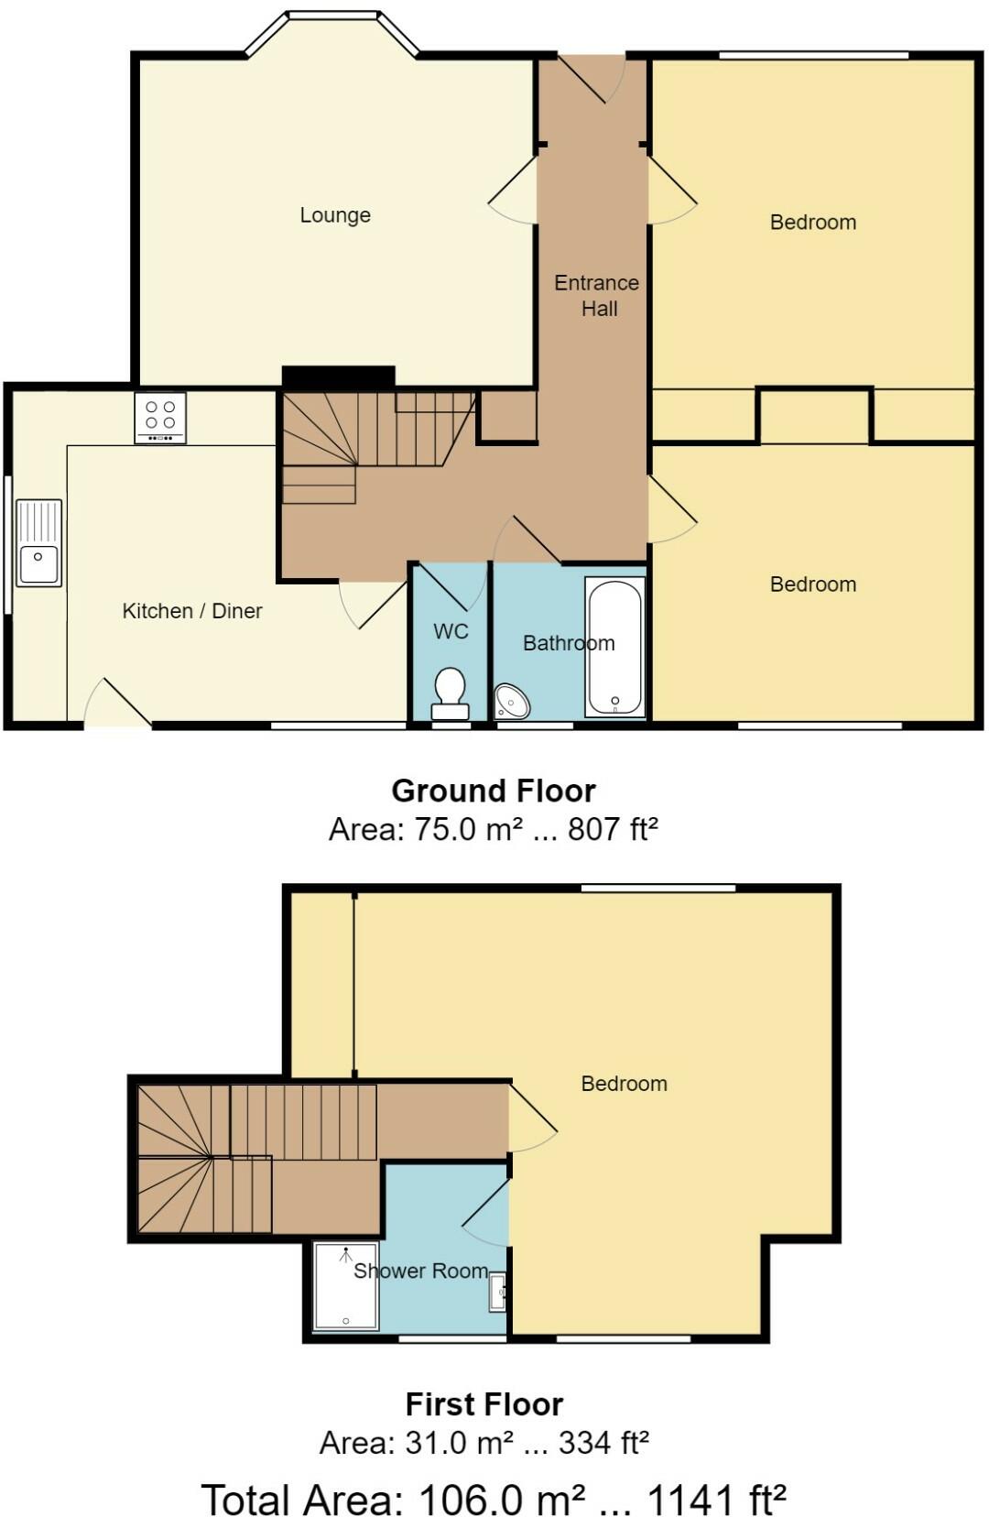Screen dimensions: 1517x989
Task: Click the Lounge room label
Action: [x=335, y=215]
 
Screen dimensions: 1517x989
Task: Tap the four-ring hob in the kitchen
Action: [x=160, y=418]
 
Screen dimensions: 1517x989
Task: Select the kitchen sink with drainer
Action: [x=38, y=542]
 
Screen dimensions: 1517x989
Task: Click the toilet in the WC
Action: [x=450, y=693]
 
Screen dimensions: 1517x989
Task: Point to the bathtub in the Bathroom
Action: [x=615, y=647]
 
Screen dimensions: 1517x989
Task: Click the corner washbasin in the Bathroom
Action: [x=512, y=703]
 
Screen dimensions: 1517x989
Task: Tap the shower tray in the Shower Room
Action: [x=345, y=1285]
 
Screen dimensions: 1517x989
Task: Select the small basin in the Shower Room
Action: [x=498, y=1292]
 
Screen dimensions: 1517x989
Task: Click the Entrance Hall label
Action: [x=597, y=295]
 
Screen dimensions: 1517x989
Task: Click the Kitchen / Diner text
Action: [x=192, y=611]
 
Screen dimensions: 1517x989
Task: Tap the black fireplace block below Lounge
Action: [x=338, y=377]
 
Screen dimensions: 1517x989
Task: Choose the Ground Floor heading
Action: [x=493, y=791]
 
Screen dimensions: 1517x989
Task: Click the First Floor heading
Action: [x=484, y=1403]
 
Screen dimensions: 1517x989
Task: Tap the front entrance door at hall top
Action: [x=592, y=79]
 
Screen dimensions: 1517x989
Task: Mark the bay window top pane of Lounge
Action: [x=332, y=15]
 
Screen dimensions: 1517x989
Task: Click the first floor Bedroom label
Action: [x=624, y=1084]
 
